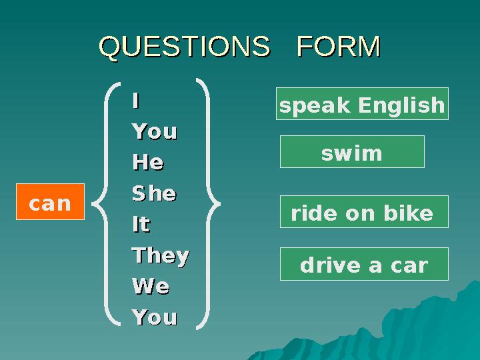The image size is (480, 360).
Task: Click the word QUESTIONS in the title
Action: pos(185,47)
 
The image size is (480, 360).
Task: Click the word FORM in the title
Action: pos(338,47)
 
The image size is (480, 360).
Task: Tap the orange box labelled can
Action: pos(51,201)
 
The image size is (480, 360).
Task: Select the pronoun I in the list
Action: pos(135,101)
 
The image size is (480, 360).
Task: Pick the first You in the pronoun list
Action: pos(154,131)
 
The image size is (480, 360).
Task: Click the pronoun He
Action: pos(148,162)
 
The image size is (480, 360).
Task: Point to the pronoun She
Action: pos(154,193)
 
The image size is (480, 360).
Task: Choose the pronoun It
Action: pos(141,225)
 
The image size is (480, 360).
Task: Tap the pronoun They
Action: pos(160,255)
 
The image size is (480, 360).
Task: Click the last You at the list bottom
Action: pos(154,317)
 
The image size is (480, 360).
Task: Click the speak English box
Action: pos(362,104)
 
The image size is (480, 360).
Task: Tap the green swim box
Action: pos(352,153)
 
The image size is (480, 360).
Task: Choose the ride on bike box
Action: pos(363,213)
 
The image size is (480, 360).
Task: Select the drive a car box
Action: pos(364,265)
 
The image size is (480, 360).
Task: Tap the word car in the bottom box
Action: pos(409,265)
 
